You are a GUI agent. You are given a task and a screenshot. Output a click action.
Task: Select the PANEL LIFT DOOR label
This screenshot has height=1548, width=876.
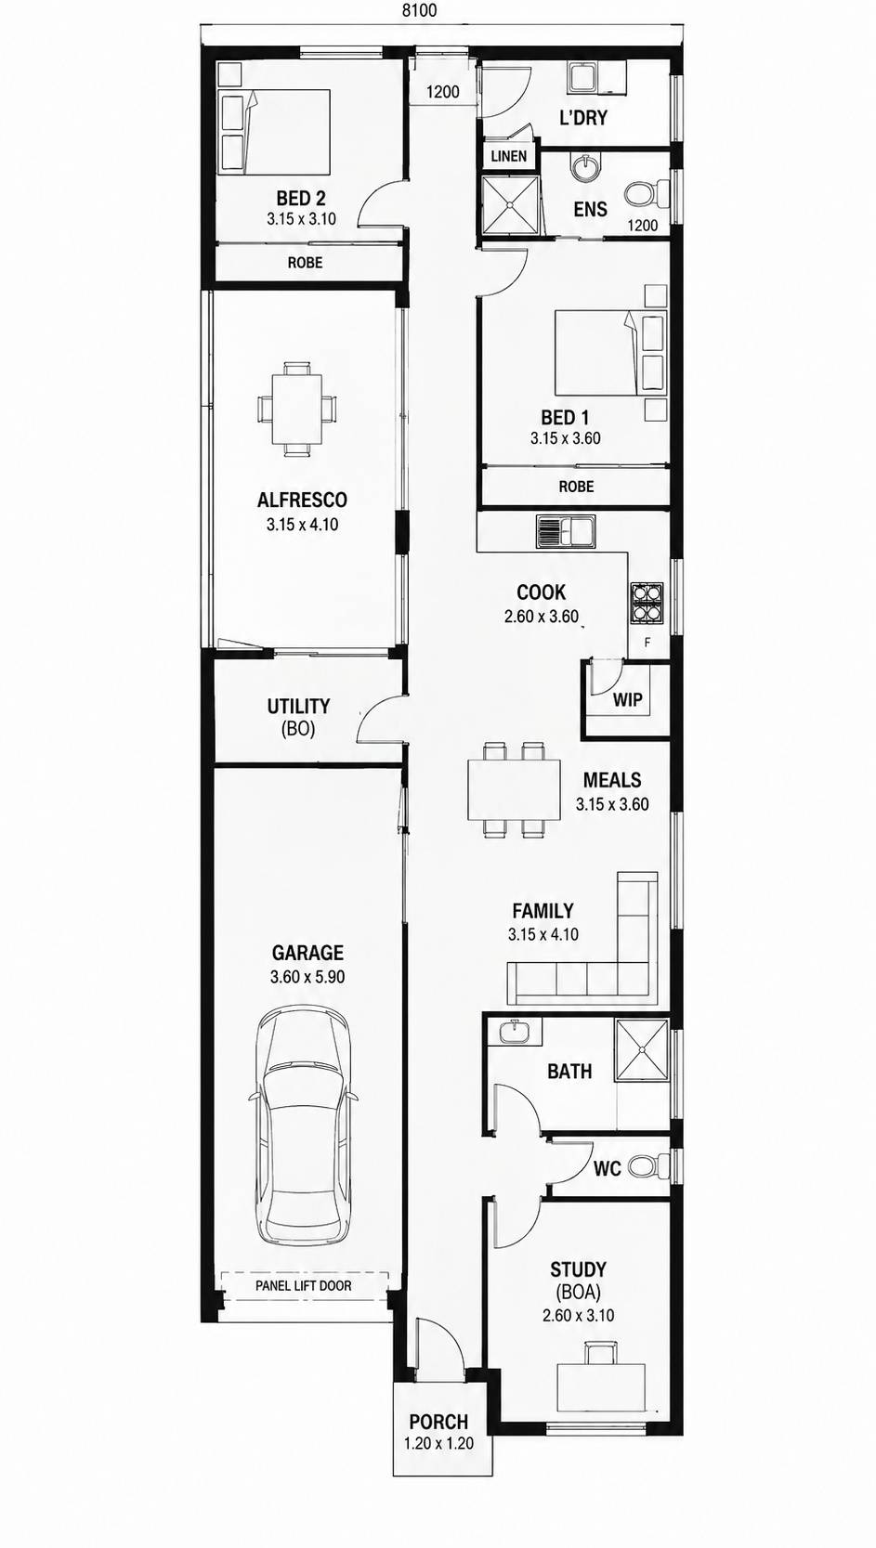304,1286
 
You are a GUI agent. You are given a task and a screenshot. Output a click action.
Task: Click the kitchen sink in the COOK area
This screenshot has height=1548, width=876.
564,533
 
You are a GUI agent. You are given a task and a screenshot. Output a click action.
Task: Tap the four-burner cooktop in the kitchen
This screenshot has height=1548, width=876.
646,602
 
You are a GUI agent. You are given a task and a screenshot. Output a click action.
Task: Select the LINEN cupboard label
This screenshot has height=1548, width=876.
509,156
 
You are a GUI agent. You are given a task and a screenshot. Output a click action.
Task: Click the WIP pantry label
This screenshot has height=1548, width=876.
627,699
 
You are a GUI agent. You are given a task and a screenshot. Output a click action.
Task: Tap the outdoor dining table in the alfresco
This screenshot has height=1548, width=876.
297,409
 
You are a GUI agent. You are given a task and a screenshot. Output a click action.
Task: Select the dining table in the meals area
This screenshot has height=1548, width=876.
514,789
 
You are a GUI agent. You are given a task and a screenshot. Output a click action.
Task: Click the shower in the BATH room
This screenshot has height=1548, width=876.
642,1049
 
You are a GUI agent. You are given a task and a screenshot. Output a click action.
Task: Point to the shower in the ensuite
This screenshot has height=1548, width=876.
510,204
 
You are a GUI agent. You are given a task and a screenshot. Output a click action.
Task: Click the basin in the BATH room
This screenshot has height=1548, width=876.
515,1031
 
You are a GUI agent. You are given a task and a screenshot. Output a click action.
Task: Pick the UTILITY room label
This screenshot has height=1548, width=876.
299,707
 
